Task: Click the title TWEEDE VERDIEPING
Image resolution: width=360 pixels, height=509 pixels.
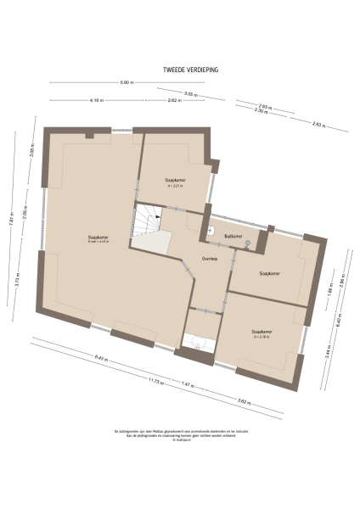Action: pyautogui.click(x=191, y=70)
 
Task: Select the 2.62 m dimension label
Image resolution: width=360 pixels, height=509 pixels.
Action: pyautogui.click(x=173, y=100)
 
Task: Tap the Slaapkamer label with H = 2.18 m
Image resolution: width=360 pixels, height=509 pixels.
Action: pyautogui.click(x=262, y=333)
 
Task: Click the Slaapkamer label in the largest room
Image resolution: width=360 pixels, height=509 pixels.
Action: pyautogui.click(x=98, y=238)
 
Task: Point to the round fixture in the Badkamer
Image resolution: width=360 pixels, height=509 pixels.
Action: pyautogui.click(x=247, y=243)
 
